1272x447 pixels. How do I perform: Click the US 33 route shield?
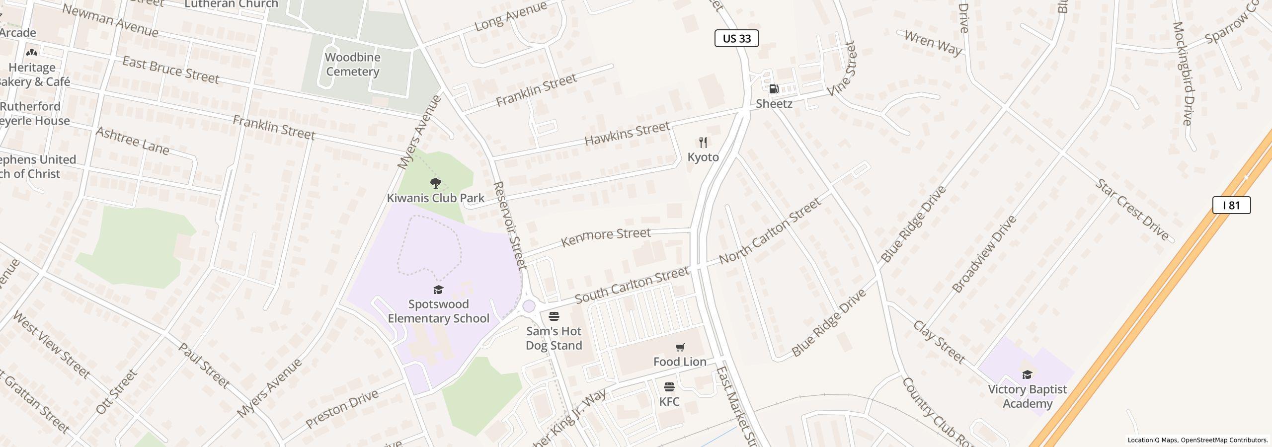pyautogui.click(x=736, y=38)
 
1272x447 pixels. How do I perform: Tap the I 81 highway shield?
pyautogui.click(x=1231, y=205)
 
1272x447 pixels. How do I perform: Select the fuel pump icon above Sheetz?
pyautogui.click(x=774, y=89)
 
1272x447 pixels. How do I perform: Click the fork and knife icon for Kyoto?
pyautogui.click(x=703, y=143)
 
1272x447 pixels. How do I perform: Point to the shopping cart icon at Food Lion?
pyautogui.click(x=680, y=347)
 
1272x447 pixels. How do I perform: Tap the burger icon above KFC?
pyautogui.click(x=669, y=387)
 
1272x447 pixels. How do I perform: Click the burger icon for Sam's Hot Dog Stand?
pyautogui.click(x=554, y=316)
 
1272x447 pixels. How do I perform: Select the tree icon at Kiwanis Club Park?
pyautogui.click(x=435, y=183)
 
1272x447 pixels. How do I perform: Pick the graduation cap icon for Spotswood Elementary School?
pyautogui.click(x=438, y=290)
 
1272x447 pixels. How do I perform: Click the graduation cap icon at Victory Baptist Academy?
pyautogui.click(x=1027, y=374)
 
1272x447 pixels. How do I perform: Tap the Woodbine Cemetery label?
pyautogui.click(x=352, y=64)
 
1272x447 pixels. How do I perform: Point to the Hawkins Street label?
pyautogui.click(x=627, y=134)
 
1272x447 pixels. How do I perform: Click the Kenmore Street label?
pyautogui.click(x=605, y=237)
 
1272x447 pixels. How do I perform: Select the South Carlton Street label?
pyautogui.click(x=632, y=285)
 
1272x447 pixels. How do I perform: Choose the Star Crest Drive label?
pyautogui.click(x=1132, y=210)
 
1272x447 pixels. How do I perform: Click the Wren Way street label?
pyautogui.click(x=933, y=42)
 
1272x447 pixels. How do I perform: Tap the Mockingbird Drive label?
pyautogui.click(x=1182, y=73)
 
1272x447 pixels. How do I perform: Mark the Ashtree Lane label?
pyautogui.click(x=132, y=141)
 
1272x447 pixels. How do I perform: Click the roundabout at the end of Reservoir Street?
pyautogui.click(x=529, y=306)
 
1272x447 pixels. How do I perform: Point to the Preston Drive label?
pyautogui.click(x=342, y=409)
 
